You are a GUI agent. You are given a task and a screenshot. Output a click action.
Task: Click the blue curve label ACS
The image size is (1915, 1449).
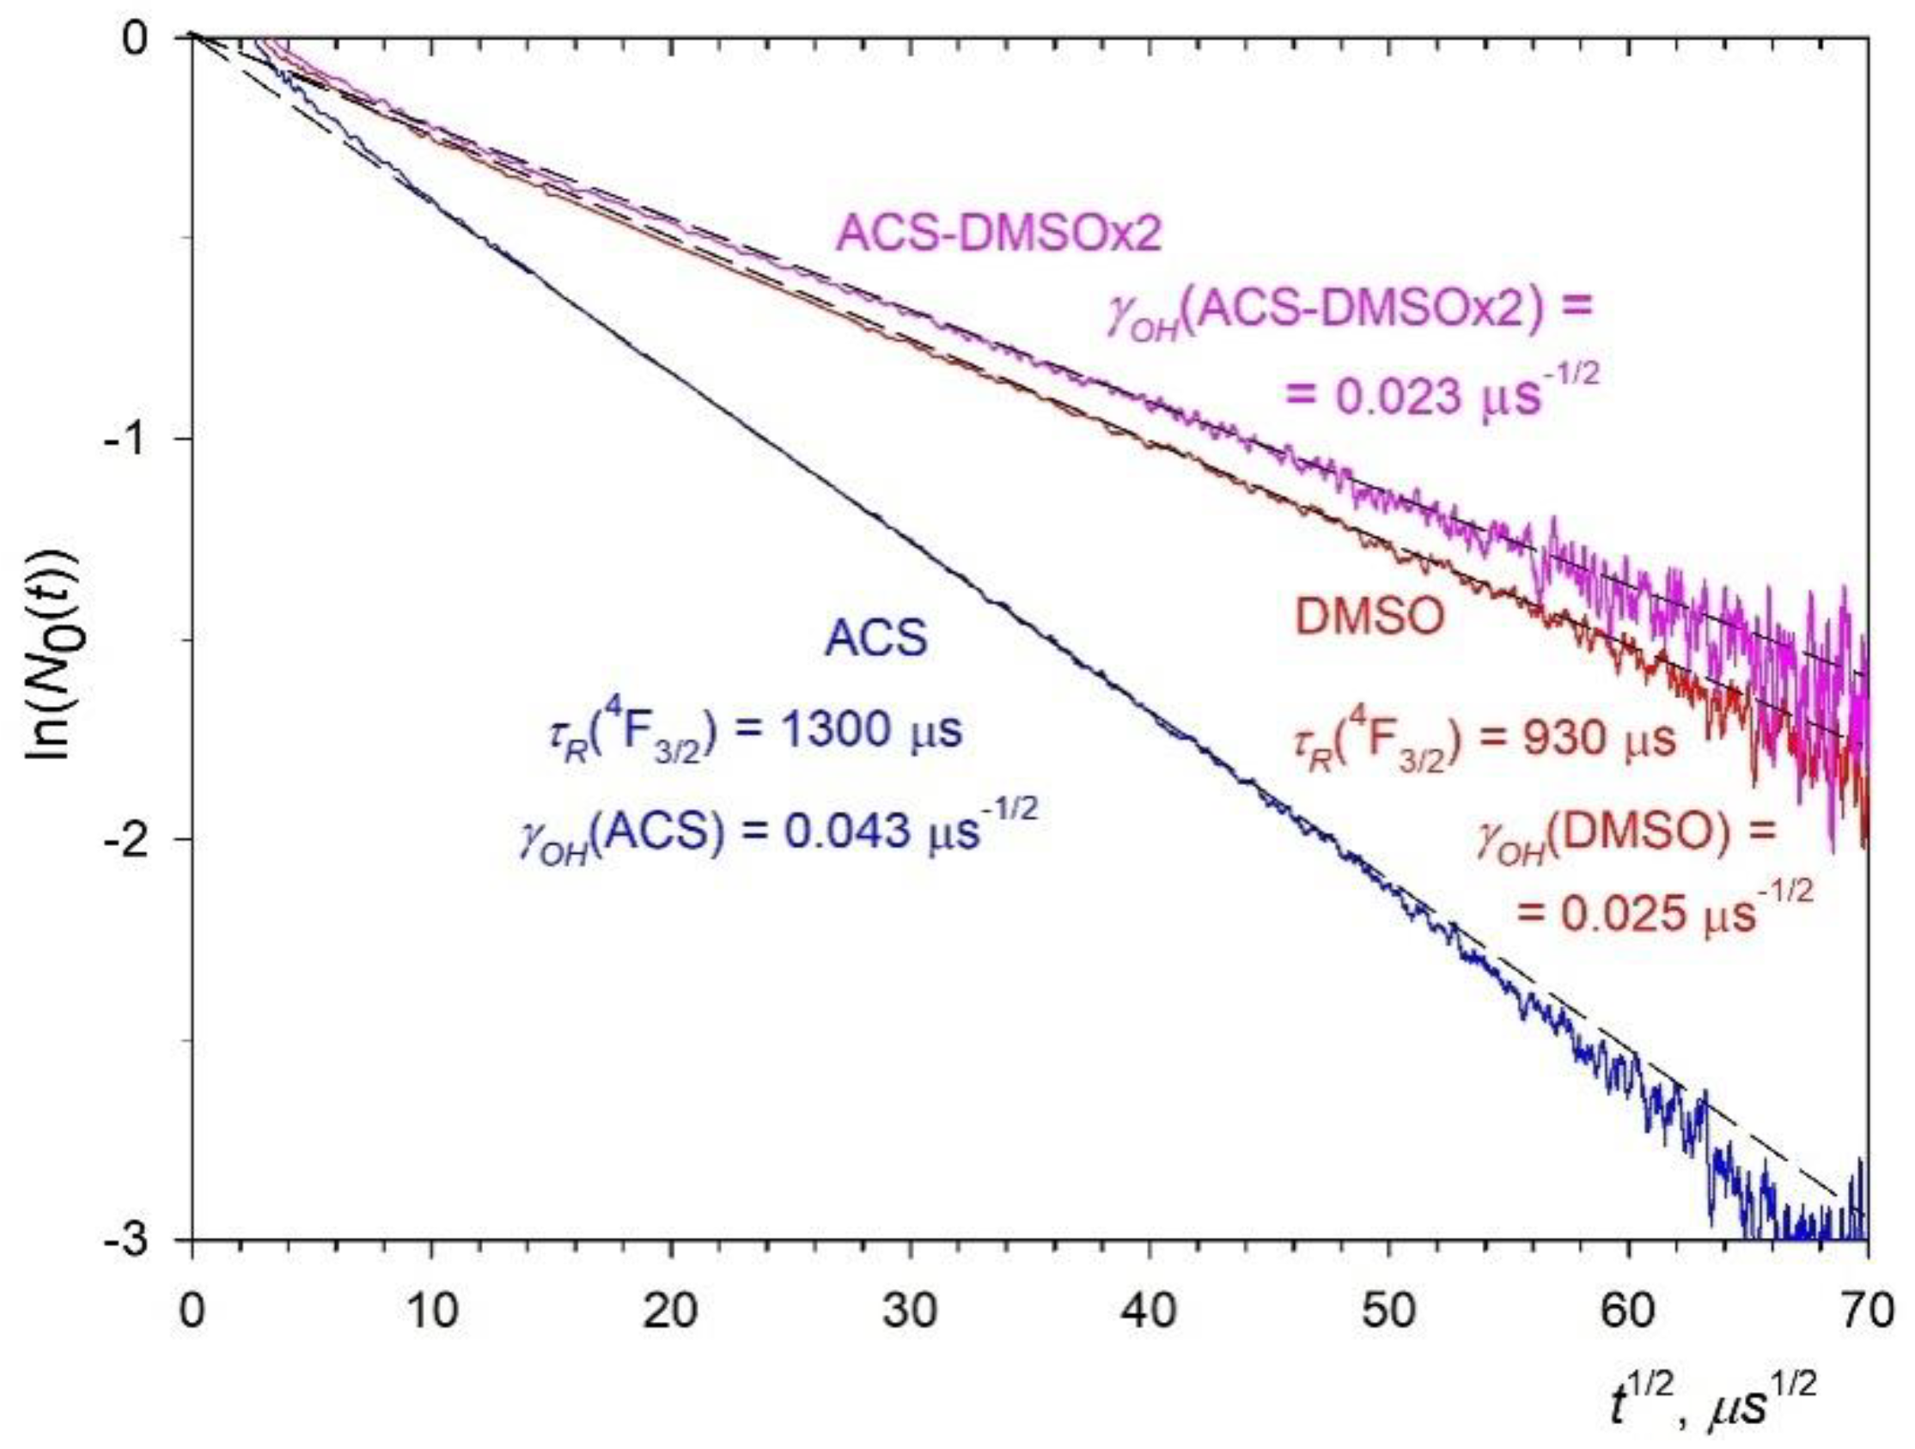875,639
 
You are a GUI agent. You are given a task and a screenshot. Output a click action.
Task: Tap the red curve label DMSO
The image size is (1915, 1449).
1369,618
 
